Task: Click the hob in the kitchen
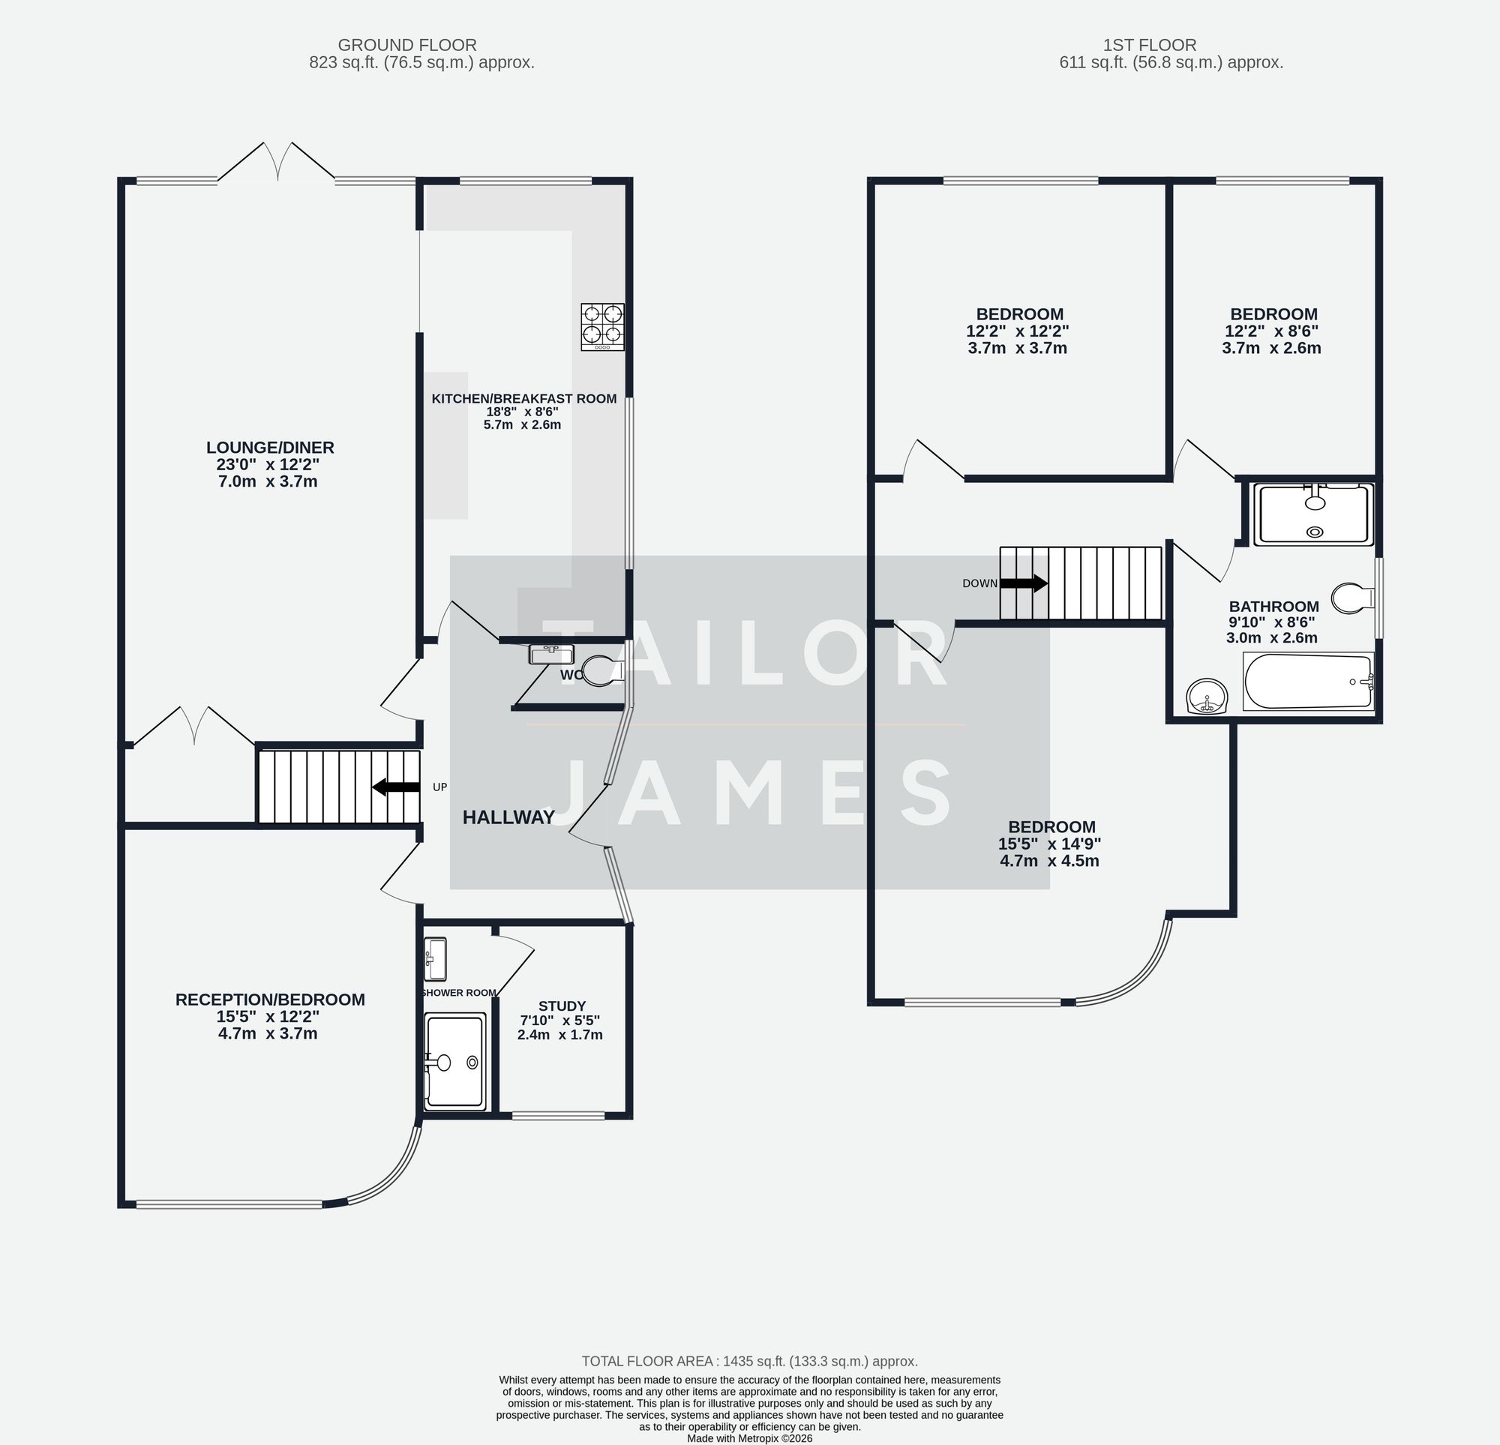(602, 327)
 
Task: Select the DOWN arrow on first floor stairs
(1023, 583)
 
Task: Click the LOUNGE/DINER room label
(270, 448)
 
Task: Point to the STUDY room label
(562, 1006)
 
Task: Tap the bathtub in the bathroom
(1308, 681)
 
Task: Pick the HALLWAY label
(508, 817)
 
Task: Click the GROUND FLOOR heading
(407, 45)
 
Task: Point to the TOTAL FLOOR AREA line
(749, 1361)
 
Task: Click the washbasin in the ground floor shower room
(436, 958)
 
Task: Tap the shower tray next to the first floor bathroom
(1314, 514)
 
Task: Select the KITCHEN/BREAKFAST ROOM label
(523, 398)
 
